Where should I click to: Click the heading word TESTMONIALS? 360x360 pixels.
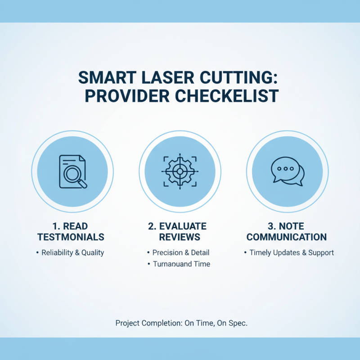pyautogui.click(x=71, y=237)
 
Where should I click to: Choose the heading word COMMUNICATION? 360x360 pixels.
pyautogui.click(x=287, y=237)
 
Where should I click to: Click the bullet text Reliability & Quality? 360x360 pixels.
pyautogui.click(x=72, y=252)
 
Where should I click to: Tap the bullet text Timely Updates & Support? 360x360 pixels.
pyautogui.click(x=292, y=252)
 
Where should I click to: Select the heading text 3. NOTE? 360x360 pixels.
pyautogui.click(x=287, y=226)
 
